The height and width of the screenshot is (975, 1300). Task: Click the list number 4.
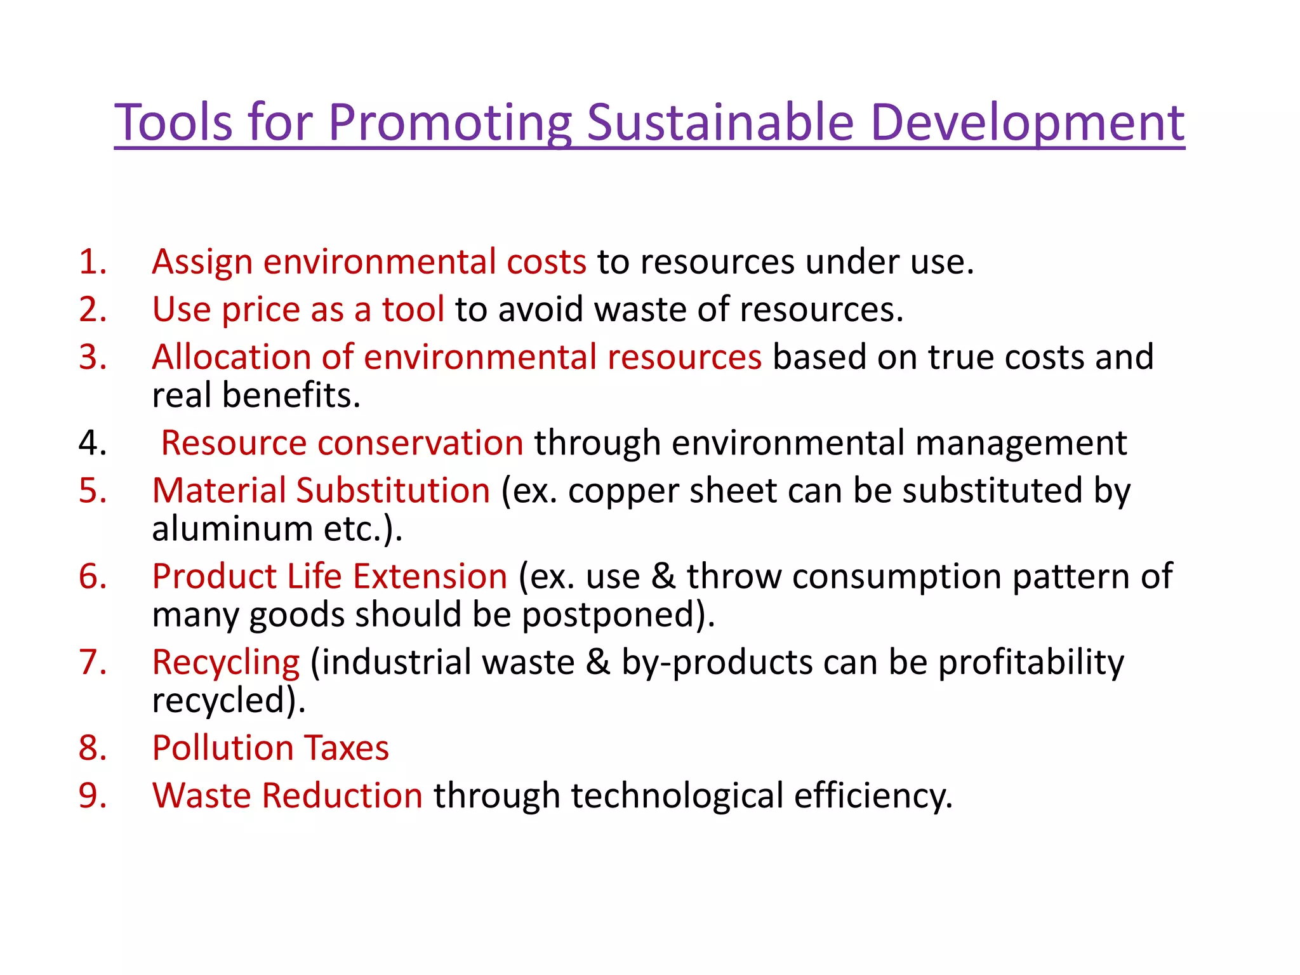[x=93, y=442]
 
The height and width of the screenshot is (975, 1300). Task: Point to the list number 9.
[x=93, y=795]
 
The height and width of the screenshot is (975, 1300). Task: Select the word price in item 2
[x=260, y=310]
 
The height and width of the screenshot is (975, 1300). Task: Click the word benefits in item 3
[x=291, y=395]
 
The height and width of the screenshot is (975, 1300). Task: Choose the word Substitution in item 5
[x=393, y=491]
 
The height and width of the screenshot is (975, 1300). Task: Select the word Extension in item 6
[x=430, y=576]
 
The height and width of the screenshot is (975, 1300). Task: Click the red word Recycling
[x=225, y=663]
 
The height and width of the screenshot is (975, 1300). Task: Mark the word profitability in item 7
[x=1031, y=663]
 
